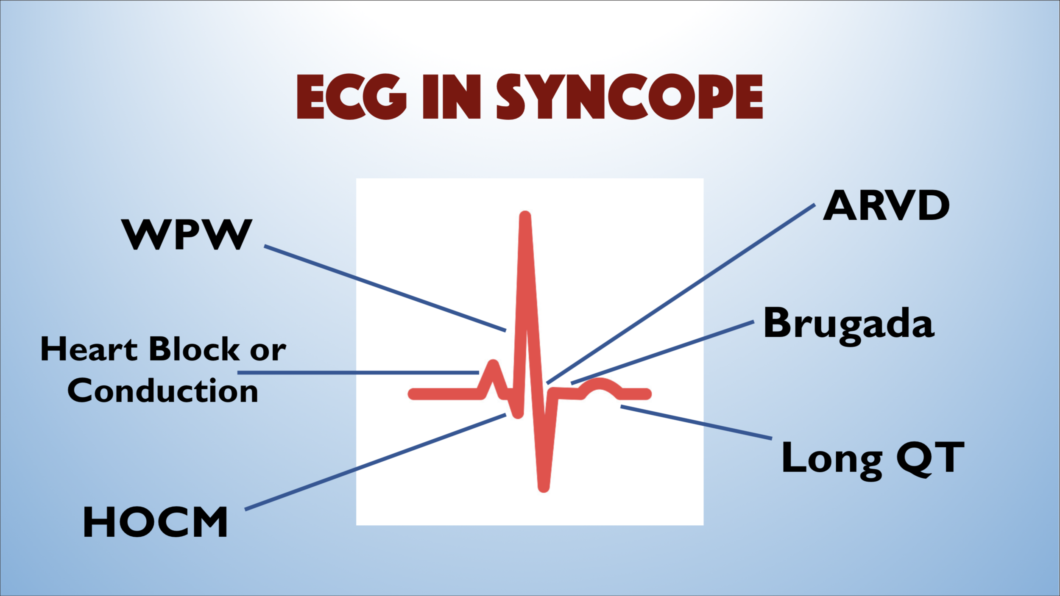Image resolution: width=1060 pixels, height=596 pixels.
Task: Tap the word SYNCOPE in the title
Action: point(629,97)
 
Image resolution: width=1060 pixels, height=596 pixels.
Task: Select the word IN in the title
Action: point(451,97)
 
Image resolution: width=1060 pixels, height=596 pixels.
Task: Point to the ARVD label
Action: point(886,205)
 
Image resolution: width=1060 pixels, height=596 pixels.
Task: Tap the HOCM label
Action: point(155,522)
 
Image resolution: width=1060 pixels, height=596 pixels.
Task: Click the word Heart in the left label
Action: point(89,349)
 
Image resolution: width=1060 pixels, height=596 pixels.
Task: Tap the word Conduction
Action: point(163,391)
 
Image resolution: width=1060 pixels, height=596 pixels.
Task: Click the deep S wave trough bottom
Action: point(544,487)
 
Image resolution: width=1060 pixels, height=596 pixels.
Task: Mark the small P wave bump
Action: point(493,365)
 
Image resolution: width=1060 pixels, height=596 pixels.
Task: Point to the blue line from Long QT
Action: point(696,422)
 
